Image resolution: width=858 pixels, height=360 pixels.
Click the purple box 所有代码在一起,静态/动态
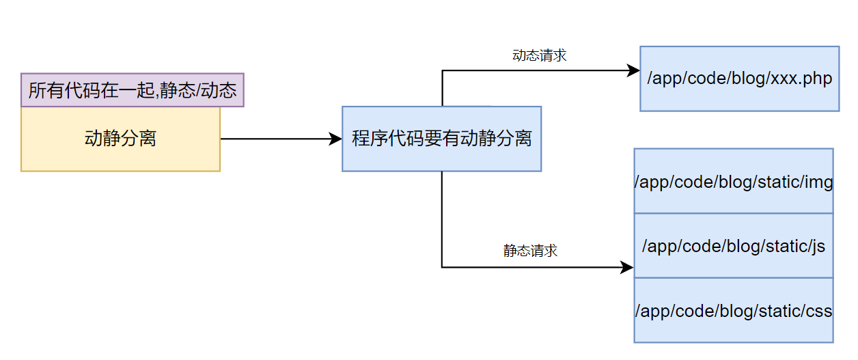133,90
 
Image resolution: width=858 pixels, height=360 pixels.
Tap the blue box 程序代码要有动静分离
441,139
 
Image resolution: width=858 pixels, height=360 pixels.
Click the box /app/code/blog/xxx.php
739,79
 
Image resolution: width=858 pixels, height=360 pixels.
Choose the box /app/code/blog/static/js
733,246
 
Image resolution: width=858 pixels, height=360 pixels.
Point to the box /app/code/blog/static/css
733,310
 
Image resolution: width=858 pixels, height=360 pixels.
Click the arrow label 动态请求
539,56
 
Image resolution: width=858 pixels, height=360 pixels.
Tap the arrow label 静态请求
530,251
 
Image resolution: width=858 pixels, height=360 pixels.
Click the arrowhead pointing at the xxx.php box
633,70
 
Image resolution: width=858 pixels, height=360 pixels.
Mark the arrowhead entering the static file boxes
627,267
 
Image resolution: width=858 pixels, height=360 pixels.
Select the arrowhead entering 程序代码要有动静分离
335,139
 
